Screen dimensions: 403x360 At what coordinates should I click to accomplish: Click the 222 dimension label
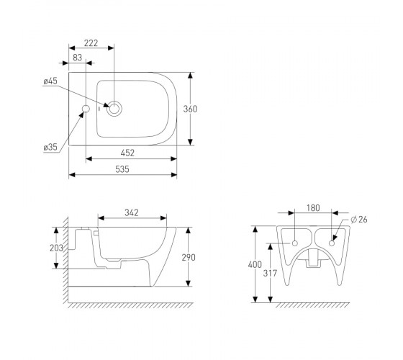coord(91,43)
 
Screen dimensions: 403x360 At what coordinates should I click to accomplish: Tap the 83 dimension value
coord(77,58)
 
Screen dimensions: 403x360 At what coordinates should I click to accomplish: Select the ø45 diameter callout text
coord(50,81)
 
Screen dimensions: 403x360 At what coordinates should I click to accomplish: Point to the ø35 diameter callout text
coord(50,147)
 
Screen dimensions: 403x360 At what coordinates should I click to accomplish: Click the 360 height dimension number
coord(190,109)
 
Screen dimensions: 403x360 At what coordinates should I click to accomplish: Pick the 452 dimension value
coord(127,153)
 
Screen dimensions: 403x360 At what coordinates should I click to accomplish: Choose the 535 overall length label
coord(122,169)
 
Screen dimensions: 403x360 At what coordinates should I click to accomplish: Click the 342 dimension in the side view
coord(132,212)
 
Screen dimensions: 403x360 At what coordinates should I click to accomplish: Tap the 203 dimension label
coord(56,248)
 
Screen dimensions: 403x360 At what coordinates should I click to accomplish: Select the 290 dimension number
coord(189,258)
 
